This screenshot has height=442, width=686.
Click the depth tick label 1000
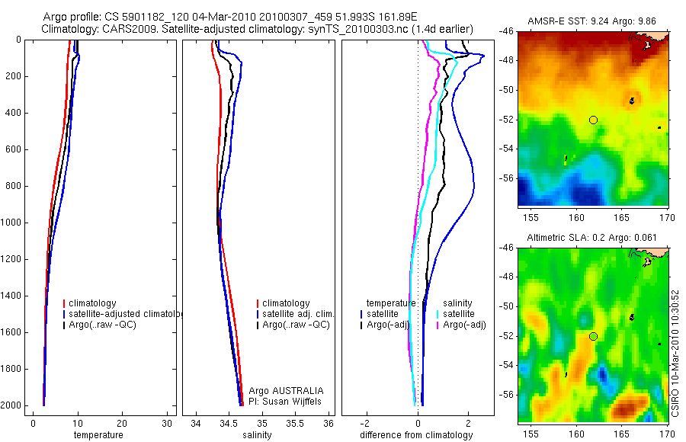click(11, 223)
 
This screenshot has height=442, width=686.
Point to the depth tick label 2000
click(11, 405)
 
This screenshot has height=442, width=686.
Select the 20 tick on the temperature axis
click(122, 424)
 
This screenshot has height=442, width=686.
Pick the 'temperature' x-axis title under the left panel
click(98, 435)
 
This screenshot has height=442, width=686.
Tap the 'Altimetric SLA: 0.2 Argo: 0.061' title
click(592, 239)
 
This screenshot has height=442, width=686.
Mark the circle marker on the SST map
click(593, 120)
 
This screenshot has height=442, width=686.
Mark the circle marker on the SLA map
click(593, 336)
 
